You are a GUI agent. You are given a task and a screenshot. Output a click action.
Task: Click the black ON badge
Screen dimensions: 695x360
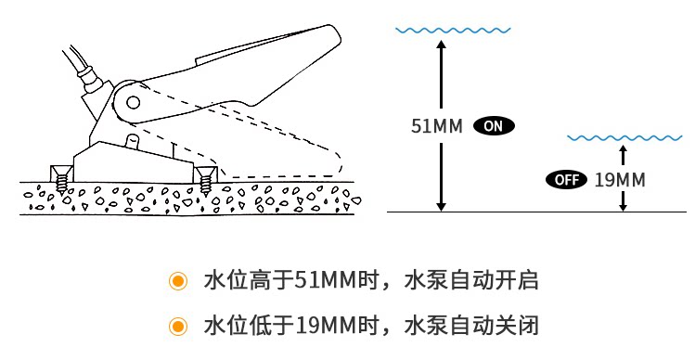click(494, 126)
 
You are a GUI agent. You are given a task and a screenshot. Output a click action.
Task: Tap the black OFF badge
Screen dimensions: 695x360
click(566, 180)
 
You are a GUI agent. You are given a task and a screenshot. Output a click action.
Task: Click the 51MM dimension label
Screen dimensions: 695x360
click(437, 126)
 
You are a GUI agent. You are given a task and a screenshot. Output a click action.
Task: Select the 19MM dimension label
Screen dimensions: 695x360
click(620, 180)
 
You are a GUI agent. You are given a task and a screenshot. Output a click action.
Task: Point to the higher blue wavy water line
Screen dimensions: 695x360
click(453, 31)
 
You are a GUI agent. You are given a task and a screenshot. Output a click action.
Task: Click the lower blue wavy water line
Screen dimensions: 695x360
click(625, 138)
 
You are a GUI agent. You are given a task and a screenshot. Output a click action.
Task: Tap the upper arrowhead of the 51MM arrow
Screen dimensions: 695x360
click(441, 44)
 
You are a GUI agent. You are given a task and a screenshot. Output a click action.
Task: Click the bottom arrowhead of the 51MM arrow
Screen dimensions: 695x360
click(441, 207)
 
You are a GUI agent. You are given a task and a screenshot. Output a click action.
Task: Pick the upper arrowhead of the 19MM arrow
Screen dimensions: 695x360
click(624, 149)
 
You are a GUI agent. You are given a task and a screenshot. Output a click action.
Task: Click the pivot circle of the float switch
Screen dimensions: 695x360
click(133, 102)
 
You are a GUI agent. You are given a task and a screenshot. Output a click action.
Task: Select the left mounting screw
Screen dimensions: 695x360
click(61, 179)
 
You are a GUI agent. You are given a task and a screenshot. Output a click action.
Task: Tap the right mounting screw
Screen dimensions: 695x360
click(206, 180)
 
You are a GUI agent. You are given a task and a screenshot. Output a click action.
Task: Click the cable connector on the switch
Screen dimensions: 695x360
click(91, 78)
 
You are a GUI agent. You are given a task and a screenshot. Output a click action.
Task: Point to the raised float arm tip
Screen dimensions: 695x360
click(331, 34)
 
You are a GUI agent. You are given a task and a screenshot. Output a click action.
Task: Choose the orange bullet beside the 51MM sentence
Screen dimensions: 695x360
click(178, 280)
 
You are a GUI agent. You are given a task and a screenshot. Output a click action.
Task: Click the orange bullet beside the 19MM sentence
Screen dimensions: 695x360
click(178, 327)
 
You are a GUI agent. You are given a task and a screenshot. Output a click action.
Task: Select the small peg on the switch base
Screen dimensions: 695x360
click(133, 142)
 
